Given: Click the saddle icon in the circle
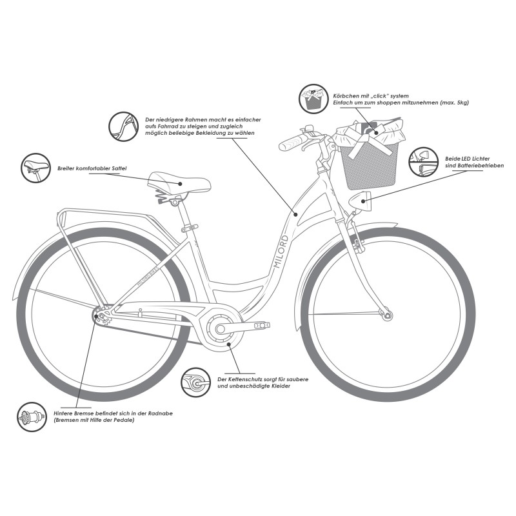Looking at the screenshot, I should [x=35, y=168].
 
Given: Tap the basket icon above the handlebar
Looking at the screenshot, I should [x=314, y=100].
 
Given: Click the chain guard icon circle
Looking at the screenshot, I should [x=196, y=384].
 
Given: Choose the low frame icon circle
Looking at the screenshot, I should [x=123, y=126].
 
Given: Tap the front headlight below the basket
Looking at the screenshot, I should [x=361, y=202].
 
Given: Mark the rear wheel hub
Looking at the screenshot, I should [x=99, y=316].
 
